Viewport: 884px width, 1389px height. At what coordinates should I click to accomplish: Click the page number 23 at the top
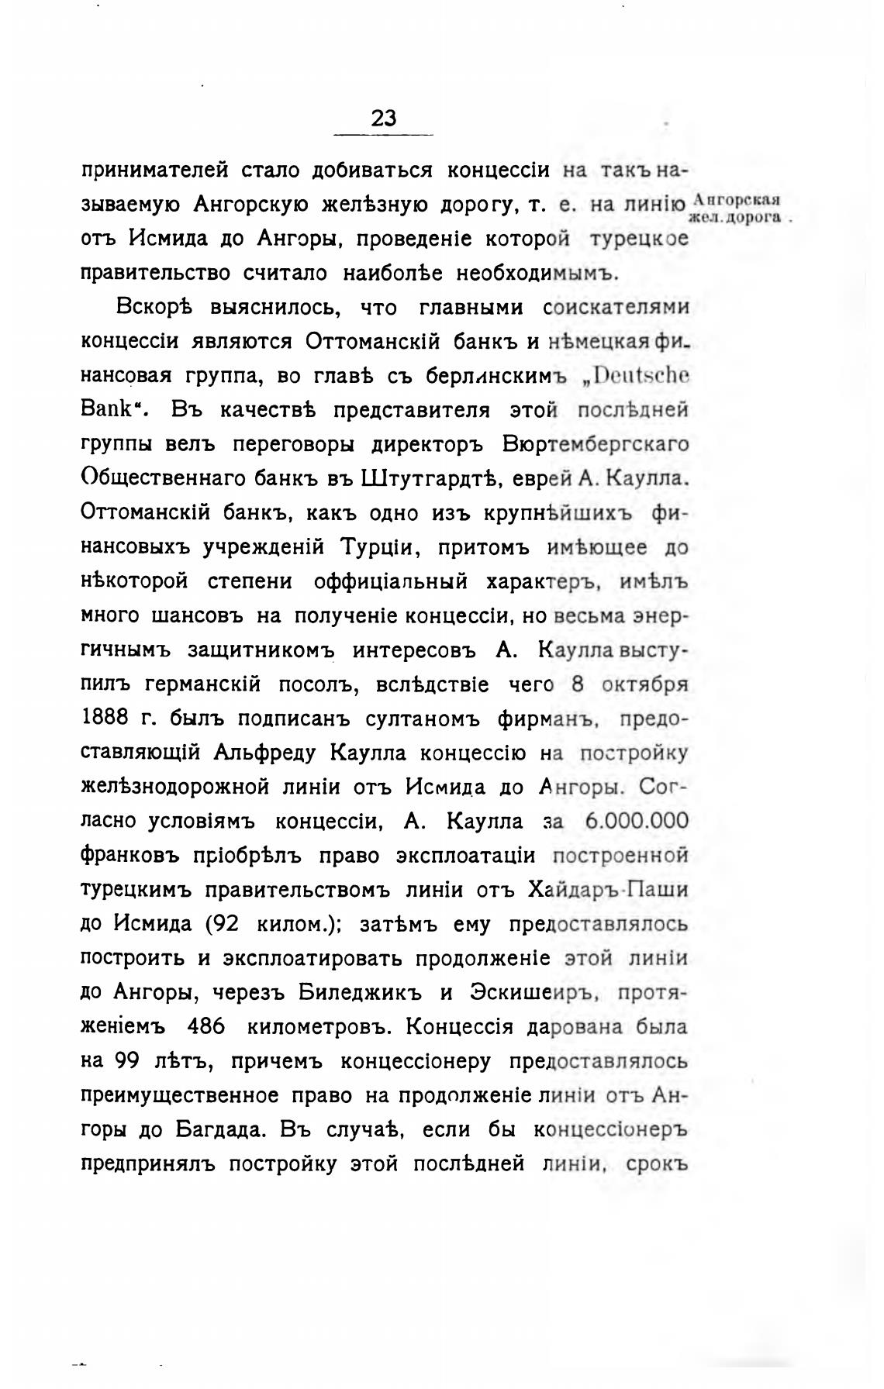coord(384,118)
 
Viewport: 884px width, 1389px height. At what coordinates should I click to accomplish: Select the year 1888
coord(105,718)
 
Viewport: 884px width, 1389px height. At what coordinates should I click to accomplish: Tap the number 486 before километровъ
coord(206,1026)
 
